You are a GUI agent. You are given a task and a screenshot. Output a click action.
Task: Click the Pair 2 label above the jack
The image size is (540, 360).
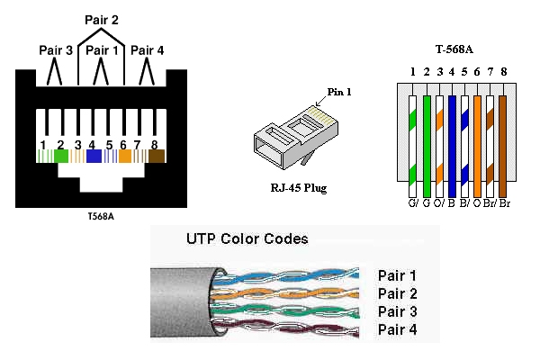coord(102,18)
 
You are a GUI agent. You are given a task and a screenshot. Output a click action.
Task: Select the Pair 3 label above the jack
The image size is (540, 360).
coord(55,51)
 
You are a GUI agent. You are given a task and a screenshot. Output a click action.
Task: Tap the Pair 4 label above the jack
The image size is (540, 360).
coord(148,51)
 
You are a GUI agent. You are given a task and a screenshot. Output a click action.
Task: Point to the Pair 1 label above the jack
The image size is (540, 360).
coord(102,51)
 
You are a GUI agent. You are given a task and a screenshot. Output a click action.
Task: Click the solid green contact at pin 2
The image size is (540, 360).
coord(61,156)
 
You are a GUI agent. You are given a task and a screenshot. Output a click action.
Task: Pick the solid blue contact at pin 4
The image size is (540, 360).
coord(93,156)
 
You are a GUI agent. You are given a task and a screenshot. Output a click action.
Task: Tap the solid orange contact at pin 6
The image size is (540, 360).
coord(125,156)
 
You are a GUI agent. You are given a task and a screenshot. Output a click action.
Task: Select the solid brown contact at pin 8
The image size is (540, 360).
coord(157,156)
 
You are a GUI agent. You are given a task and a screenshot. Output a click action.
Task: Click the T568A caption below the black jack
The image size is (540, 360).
coord(101,216)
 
